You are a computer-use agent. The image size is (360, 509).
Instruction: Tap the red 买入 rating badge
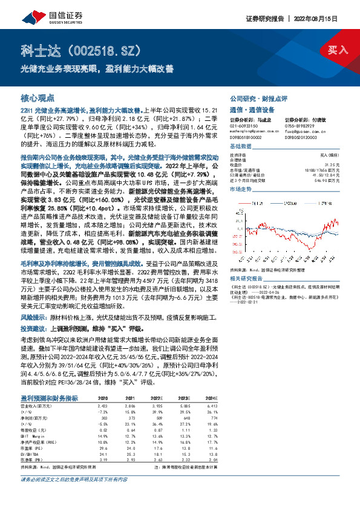point(338,50)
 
